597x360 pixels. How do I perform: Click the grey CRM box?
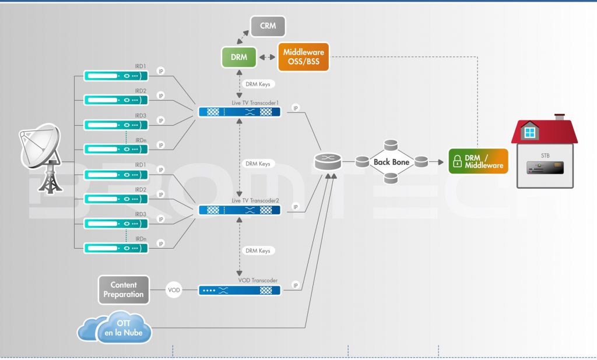268,26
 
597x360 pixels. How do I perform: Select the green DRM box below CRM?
239,57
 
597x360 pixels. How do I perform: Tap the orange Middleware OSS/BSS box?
303,57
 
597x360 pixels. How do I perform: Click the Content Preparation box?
124,290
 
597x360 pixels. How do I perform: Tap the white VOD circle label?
174,290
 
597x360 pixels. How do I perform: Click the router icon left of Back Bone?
328,161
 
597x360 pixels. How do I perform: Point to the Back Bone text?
391,162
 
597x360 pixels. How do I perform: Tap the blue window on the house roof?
529,133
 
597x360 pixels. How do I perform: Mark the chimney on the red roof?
560,118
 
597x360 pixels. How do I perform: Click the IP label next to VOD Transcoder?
296,286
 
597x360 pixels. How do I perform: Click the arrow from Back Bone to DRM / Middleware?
437,162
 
